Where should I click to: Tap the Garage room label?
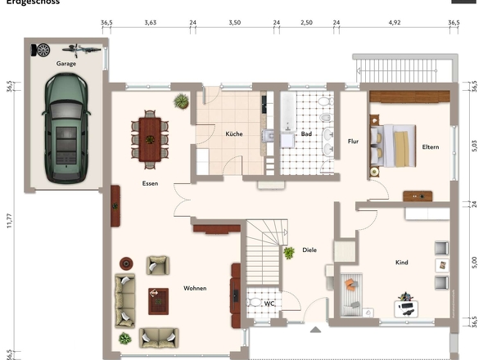coord(65,63)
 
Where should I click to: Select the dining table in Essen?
coord(150,136)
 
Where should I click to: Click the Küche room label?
coord(234,133)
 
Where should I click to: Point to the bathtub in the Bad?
coord(287,123)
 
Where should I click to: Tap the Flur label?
coord(353,141)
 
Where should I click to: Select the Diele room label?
coord(309,250)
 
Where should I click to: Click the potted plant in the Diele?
coord(289,254)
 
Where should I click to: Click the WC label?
coord(269,304)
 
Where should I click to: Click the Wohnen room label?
coord(195,288)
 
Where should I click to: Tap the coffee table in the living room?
coord(157,300)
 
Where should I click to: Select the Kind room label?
coord(401,263)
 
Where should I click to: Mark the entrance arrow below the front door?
coord(315,331)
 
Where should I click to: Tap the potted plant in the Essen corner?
coord(181,101)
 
